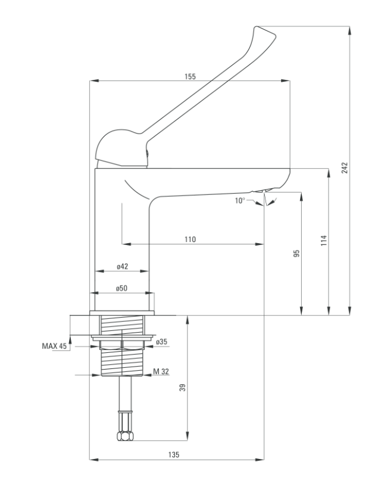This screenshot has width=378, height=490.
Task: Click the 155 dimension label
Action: pyautogui.click(x=190, y=76)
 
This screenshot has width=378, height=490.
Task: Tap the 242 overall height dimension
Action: pyautogui.click(x=345, y=168)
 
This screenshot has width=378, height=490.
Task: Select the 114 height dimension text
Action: pyautogui.click(x=324, y=241)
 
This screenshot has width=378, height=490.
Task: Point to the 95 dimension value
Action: pyautogui.click(x=297, y=253)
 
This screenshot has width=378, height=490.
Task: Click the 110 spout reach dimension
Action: pyautogui.click(x=190, y=240)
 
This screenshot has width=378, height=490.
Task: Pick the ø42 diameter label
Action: pyautogui.click(x=123, y=266)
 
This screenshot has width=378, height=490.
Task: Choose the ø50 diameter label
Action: pyautogui.click(x=122, y=288)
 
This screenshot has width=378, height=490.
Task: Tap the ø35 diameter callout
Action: pyautogui.click(x=161, y=342)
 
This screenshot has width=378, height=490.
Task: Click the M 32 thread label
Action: pyautogui.click(x=161, y=371)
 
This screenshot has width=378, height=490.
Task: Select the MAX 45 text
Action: pyautogui.click(x=54, y=346)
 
